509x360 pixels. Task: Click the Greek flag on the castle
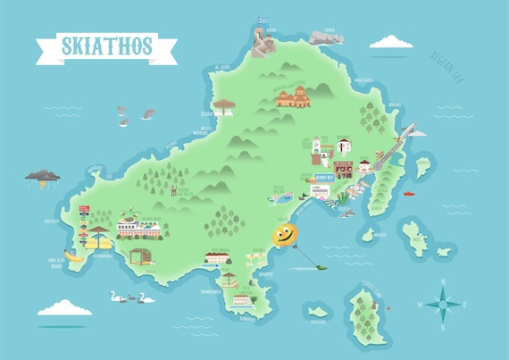tap(263, 19)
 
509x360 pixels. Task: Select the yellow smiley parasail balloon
tap(284, 235)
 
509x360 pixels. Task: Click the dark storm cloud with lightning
tap(43, 177)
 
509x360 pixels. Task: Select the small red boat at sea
tap(408, 193)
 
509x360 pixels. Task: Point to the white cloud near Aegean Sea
tap(390, 41)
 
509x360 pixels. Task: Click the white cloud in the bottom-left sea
tap(64, 306)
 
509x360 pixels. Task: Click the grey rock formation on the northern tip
tap(325, 37)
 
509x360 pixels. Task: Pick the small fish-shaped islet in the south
tap(315, 311)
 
